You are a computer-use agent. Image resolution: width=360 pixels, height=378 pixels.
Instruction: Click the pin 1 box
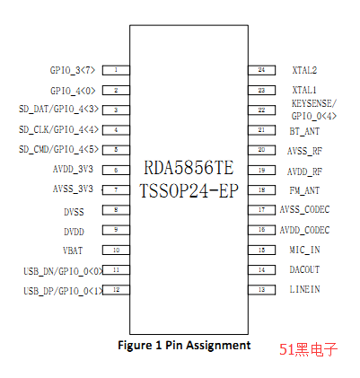pos(116,70)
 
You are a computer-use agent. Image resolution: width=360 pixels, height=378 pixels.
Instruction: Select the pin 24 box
pos(262,70)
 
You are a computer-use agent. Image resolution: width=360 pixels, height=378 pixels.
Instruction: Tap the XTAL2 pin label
pos(304,70)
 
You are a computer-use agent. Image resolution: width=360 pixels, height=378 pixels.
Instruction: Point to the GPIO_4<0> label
pos(73,91)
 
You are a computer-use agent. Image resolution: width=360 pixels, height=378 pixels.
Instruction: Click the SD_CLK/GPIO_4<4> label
pos(58,129)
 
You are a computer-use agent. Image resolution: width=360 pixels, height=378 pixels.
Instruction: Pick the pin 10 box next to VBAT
pos(116,251)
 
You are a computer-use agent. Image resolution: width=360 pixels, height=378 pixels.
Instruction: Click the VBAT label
pos(73,251)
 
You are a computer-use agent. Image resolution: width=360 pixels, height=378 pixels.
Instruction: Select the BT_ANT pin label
pos(304,131)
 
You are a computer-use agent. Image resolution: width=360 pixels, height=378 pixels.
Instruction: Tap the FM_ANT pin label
pos(304,190)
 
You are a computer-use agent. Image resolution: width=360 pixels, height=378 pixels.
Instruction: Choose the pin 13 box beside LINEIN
pos(262,290)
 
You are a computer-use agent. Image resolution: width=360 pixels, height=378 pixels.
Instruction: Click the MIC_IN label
pos(304,250)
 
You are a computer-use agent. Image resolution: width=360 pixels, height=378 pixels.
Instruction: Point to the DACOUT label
pos(304,269)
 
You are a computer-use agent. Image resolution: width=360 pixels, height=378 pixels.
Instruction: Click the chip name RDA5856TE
pos(189,168)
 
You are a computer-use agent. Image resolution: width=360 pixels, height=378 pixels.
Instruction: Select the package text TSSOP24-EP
pos(189,190)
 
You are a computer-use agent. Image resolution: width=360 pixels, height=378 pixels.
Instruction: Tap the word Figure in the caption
pos(136,346)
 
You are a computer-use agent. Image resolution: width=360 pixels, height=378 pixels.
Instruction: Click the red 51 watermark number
pos(287,349)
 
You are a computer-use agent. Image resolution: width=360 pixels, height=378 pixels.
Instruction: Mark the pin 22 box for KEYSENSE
pos(262,110)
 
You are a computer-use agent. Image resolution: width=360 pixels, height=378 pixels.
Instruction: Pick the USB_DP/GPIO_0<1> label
pos(63,291)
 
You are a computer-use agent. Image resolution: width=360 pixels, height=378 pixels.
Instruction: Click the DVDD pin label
pos(74,232)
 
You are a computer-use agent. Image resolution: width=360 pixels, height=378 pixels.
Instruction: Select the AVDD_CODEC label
pos(304,230)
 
